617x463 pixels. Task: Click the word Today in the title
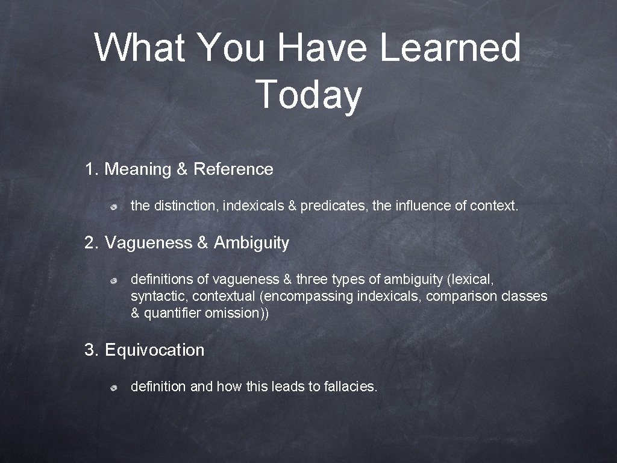point(308,95)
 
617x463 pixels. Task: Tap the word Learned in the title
point(449,48)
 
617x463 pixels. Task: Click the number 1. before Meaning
point(92,169)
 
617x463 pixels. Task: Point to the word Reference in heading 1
point(233,169)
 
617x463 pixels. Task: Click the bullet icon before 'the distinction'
point(113,207)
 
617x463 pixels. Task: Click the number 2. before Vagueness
point(92,243)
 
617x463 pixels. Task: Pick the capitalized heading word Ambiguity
point(251,243)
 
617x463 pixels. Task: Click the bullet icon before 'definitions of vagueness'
point(113,280)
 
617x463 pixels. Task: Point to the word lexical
point(470,279)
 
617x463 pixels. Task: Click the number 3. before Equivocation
point(92,350)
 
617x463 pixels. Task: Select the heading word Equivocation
point(155,350)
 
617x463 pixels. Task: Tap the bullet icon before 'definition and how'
point(113,388)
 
